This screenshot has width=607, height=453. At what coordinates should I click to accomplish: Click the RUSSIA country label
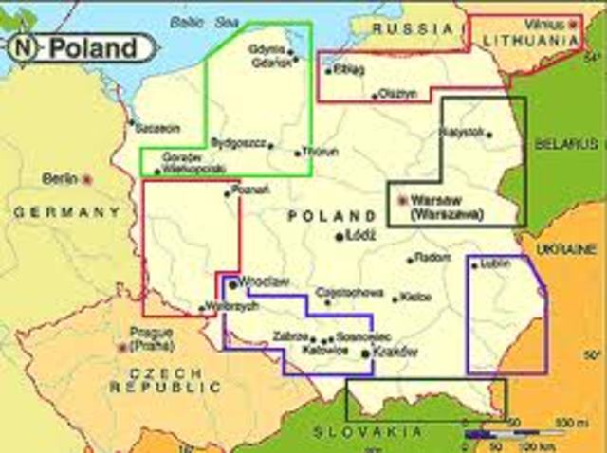click(405, 28)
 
